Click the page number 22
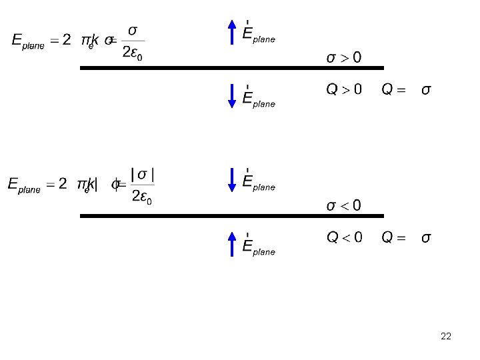pos(446,336)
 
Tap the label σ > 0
pos(343,57)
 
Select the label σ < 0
pos(343,205)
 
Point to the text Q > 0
pos(343,89)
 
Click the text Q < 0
pos(344,237)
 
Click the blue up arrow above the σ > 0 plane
pos(231,31)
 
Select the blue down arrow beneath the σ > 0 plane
pos(231,95)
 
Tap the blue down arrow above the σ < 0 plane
pos(231,179)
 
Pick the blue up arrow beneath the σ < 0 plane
pos(231,243)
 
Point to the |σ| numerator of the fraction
pos(143,175)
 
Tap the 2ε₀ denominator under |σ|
pos(141,198)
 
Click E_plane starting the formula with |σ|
pos(24,185)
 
